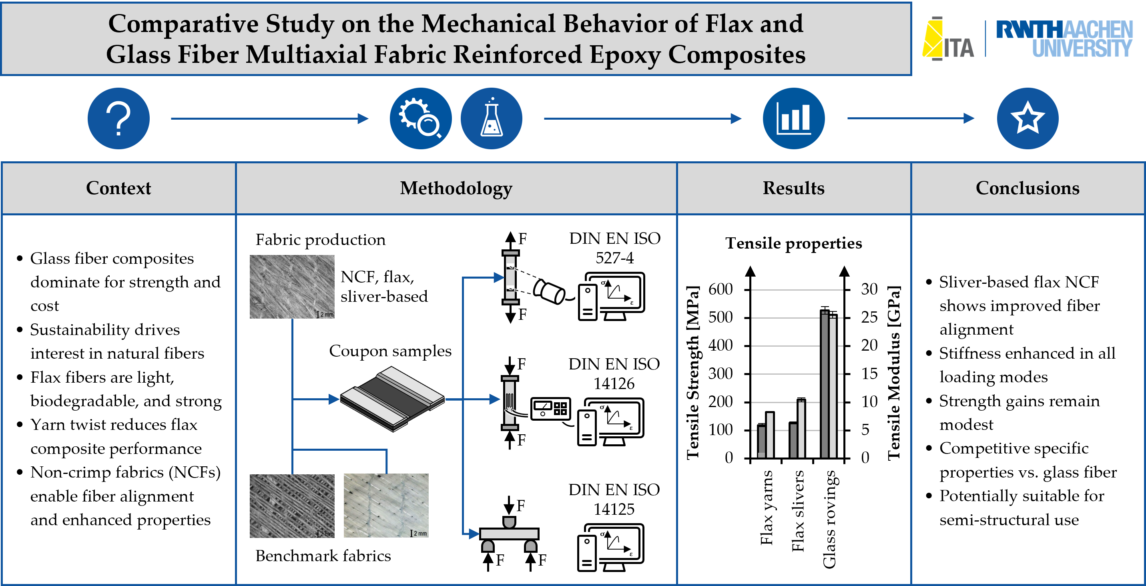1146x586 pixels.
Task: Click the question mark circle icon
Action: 118,118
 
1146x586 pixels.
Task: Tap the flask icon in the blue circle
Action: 491,118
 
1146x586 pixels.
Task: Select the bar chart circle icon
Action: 794,118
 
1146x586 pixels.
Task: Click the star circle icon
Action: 1028,118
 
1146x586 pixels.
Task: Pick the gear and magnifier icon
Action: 420,118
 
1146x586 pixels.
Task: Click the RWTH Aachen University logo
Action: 1064,39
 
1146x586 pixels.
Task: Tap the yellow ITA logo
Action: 947,39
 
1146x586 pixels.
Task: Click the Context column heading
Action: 118,188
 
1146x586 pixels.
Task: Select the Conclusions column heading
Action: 1028,188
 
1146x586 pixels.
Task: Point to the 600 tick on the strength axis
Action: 720,289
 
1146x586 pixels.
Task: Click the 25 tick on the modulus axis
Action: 869,317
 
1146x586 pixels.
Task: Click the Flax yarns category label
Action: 767,507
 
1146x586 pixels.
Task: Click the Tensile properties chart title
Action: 794,243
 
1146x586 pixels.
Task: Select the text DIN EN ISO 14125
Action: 614,499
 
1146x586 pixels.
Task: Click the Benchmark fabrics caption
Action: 323,556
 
